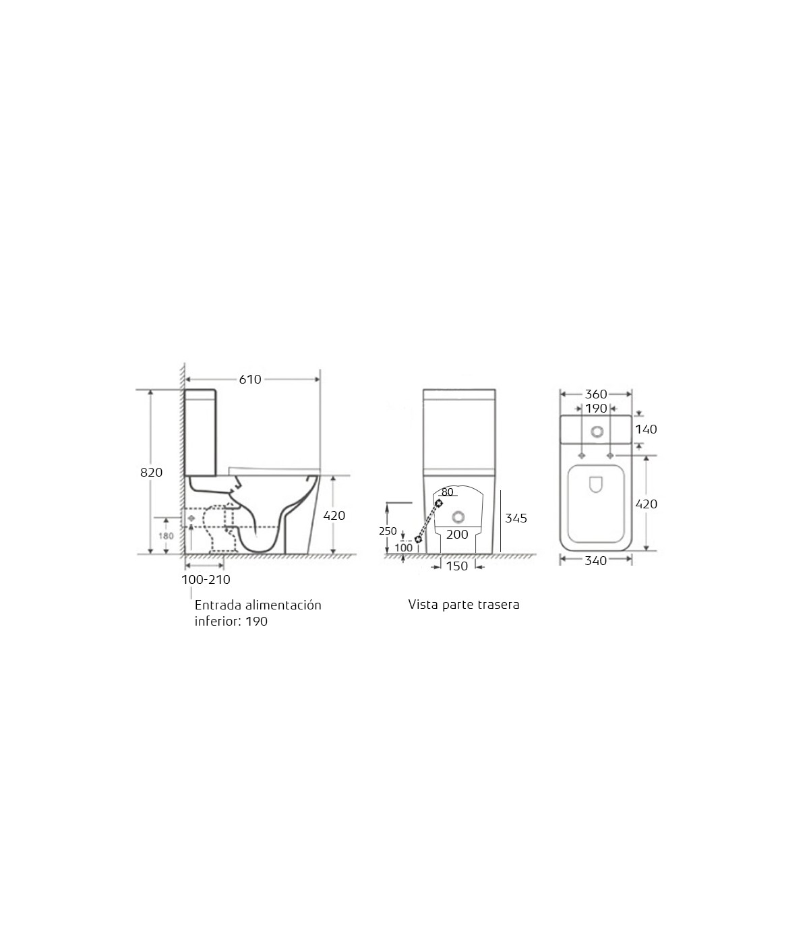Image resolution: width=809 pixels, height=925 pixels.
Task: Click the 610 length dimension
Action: [x=250, y=380]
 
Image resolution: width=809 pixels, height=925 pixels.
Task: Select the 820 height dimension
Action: [x=151, y=473]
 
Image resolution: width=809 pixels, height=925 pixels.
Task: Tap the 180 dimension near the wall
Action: [x=166, y=536]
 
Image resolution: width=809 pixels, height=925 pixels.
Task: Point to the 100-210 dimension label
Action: [x=206, y=580]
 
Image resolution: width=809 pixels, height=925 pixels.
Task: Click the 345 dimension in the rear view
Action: [x=516, y=518]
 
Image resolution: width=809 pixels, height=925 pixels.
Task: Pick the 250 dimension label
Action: [x=388, y=531]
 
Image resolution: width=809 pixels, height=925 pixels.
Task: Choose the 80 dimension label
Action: [x=447, y=492]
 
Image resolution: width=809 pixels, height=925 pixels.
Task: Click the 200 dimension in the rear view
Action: [x=457, y=535]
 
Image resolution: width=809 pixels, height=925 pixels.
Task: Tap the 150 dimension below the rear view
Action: [x=457, y=566]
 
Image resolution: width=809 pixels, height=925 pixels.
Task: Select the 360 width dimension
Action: [x=596, y=394]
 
